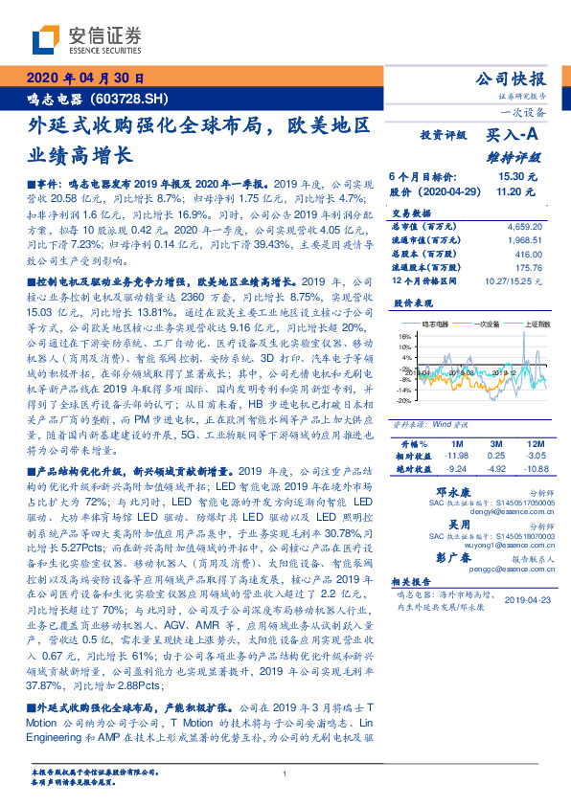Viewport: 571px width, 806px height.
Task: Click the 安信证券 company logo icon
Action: (44, 38)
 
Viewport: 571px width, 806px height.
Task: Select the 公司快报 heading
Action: (510, 79)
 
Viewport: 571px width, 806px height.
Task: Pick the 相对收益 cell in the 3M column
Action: (497, 457)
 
